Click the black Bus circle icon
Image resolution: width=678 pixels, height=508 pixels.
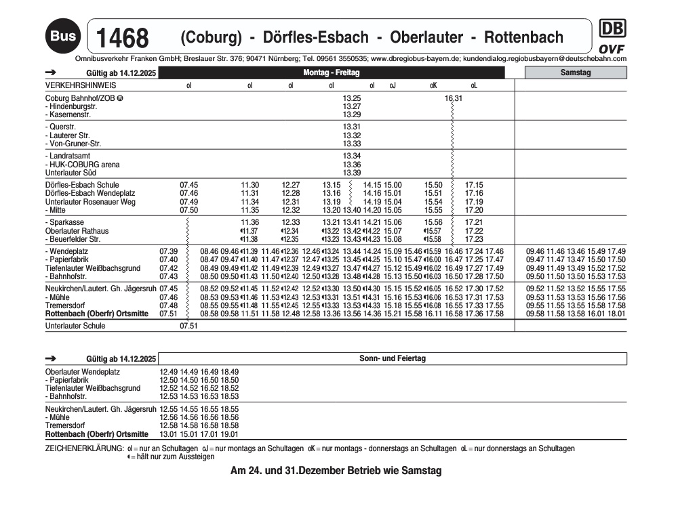63,35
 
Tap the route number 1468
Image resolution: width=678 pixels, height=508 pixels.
123,38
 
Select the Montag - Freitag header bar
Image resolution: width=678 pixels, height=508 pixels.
332,72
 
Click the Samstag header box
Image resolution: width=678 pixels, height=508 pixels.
576,72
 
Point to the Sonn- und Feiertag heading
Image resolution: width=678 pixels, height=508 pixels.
393,358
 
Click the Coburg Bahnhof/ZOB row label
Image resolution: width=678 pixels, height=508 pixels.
81,98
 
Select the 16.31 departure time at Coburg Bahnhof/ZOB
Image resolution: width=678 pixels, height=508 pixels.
454,98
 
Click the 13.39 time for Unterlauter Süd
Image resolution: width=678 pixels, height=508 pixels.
352,173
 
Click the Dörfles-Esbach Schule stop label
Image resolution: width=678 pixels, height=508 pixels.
82,185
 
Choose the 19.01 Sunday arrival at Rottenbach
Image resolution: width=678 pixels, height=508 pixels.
230,433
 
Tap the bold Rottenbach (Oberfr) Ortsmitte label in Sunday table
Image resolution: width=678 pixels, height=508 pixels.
96,433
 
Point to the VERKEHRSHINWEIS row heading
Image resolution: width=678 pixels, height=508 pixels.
80,86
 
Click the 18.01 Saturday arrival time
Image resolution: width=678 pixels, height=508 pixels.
616,314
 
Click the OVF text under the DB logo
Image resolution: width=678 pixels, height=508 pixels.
612,49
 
